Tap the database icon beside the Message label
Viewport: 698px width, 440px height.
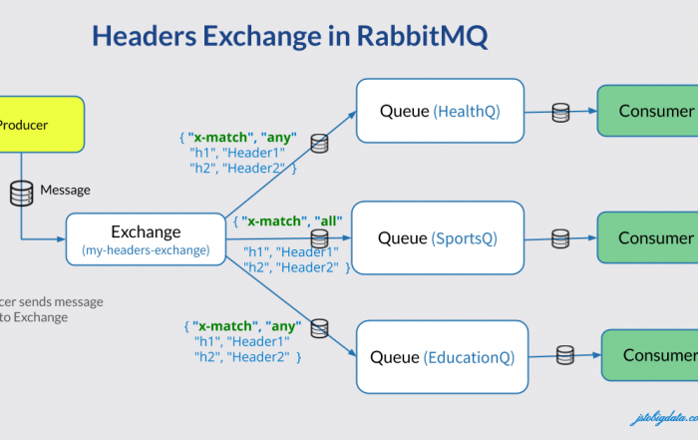(x=21, y=193)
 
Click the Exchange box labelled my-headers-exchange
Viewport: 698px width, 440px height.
(x=146, y=239)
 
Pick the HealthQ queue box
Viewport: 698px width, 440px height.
(x=440, y=112)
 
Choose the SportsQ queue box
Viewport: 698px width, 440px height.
(x=438, y=238)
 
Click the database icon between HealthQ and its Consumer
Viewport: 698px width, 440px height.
(x=561, y=111)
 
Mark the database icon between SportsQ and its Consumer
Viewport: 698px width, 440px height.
(x=561, y=238)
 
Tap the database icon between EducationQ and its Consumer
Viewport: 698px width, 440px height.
(x=565, y=353)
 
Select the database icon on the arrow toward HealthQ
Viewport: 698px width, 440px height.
(x=319, y=144)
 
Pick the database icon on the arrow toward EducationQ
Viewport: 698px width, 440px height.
(x=320, y=327)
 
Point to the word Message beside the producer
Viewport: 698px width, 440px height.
(x=65, y=191)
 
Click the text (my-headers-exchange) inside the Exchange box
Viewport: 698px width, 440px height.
(x=146, y=250)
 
